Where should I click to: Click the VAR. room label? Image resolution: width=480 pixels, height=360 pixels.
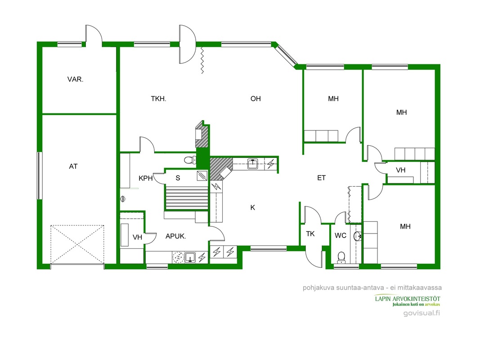75,79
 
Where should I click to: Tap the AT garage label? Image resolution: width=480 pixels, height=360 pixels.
73,166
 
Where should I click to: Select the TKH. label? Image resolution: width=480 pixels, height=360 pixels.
158,99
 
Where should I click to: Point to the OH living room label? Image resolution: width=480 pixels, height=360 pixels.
256,99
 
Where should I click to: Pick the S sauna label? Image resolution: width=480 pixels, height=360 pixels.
178,178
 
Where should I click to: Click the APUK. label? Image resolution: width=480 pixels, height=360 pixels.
176,236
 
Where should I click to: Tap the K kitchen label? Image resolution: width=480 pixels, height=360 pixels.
252,207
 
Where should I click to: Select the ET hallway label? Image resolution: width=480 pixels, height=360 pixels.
322,178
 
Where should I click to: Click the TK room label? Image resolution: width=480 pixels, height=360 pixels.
310,234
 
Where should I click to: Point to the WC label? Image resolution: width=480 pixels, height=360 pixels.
341,236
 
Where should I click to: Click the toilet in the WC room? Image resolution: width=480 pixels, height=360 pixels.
341,258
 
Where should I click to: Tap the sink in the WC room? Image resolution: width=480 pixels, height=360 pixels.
358,236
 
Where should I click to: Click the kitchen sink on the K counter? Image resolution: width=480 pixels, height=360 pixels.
252,164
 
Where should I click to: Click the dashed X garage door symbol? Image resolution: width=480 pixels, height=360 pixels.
77,245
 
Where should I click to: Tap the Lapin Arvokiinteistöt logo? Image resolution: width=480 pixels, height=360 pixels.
408,300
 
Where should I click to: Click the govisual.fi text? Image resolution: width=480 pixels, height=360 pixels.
422,313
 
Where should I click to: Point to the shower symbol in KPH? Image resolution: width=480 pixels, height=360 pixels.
123,199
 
